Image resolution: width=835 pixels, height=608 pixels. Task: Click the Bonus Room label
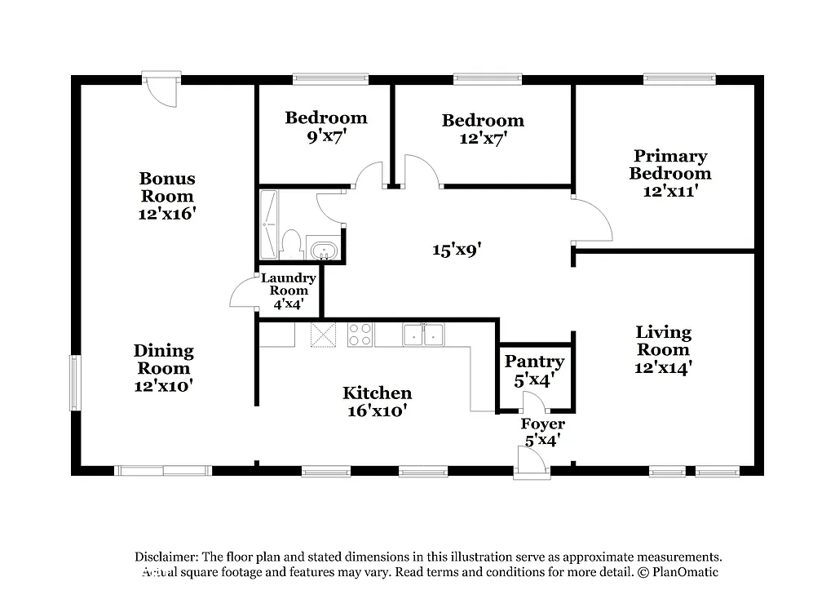[x=167, y=187]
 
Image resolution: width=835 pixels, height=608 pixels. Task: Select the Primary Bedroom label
[x=669, y=165]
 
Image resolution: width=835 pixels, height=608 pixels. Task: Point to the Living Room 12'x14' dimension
[x=663, y=368]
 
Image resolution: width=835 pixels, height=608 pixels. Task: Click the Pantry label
[x=534, y=362]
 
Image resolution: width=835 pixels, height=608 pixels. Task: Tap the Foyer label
[x=542, y=424]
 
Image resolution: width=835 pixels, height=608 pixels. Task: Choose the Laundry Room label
[x=289, y=284]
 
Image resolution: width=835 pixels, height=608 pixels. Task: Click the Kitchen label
[x=377, y=393]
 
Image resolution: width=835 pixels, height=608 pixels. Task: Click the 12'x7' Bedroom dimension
[x=483, y=139]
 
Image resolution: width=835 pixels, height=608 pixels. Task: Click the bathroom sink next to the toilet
[x=323, y=250]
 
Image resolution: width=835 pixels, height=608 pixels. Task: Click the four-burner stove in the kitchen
[x=360, y=335]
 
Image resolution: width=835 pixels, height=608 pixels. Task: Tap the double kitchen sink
[x=423, y=335]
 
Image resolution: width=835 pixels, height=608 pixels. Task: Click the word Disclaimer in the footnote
[x=166, y=556]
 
